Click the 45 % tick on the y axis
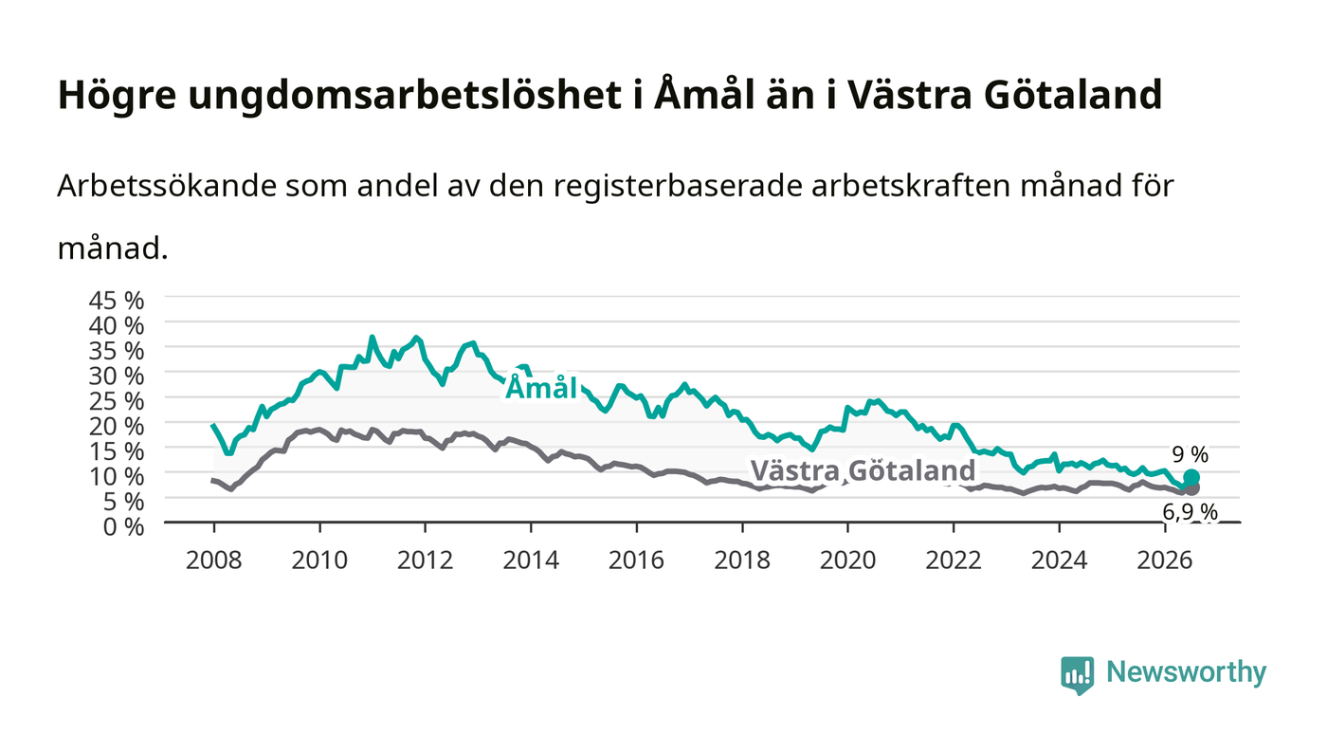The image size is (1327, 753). point(116,301)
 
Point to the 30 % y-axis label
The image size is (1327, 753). point(116,376)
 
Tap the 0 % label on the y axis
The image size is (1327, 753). point(123,526)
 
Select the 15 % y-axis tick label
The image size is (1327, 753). point(116,451)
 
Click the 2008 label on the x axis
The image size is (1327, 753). point(214,560)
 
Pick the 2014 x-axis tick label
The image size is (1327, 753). point(531,560)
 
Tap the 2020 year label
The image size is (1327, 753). point(847,560)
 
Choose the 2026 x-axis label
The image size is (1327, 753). point(1165,560)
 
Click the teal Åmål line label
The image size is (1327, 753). point(541,388)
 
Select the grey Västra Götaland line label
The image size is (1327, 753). point(863,470)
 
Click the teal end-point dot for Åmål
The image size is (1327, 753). point(1191,477)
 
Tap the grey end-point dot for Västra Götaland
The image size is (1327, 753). point(1191,488)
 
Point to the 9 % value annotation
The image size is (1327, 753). point(1191,455)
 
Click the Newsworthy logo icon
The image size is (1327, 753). point(1078,675)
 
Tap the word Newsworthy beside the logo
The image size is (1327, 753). point(1186,672)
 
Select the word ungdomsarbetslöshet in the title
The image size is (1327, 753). point(406,96)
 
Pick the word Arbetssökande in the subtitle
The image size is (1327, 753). point(167,186)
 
